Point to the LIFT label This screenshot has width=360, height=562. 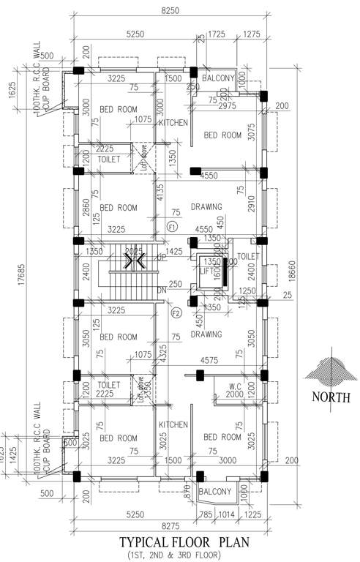[206, 270]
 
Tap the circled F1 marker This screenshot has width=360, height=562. [173, 227]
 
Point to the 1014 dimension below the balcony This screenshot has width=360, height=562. [226, 514]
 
